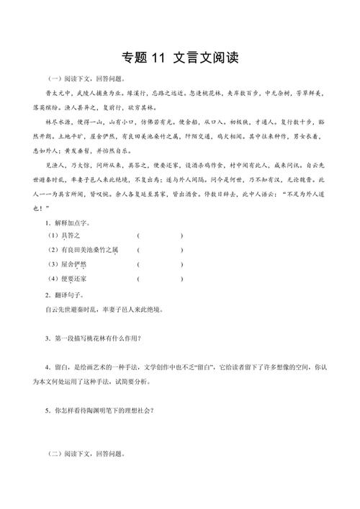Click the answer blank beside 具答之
coord(159,235)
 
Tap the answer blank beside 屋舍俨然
coord(159,264)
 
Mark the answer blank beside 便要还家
coord(159,279)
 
